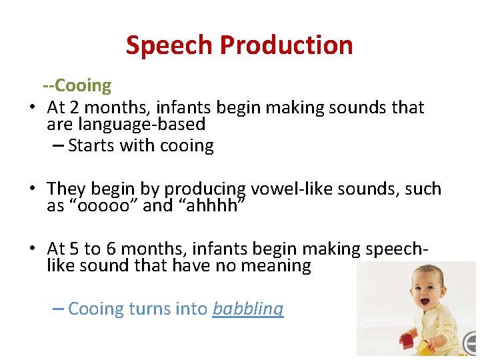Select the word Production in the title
tap(287, 45)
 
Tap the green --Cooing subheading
tap(77, 85)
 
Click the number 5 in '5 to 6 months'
tap(73, 249)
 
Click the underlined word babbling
tap(248, 309)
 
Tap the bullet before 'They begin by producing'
tap(32, 189)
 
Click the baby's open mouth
tap(424, 301)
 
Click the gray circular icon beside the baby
tap(471, 344)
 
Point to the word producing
tap(205, 189)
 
